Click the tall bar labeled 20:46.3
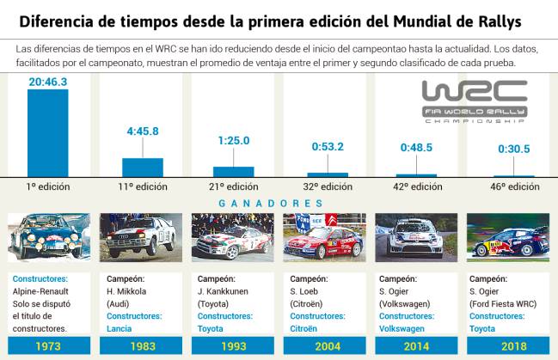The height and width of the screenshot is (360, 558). tap(48, 133)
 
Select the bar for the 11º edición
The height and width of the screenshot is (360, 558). tap(142, 167)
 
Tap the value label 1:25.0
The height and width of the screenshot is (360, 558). tap(234, 141)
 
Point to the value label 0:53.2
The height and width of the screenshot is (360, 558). tap(327, 146)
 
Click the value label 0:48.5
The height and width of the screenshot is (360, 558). tap(417, 148)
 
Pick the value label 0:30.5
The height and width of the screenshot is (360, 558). tap(513, 149)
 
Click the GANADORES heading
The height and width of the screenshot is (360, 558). tap(279, 204)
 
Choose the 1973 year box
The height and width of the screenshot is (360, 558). tap(47, 346)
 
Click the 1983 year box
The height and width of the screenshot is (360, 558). tap(141, 346)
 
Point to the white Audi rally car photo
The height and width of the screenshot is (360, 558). tap(141, 237)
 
